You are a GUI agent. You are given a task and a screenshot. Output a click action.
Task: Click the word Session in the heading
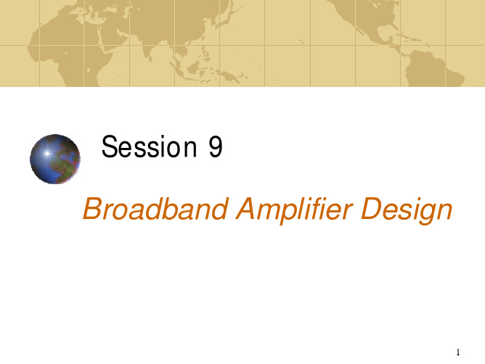[149, 146]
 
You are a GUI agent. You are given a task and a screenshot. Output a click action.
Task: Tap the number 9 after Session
[216, 146]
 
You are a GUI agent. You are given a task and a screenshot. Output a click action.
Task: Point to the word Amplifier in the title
[295, 210]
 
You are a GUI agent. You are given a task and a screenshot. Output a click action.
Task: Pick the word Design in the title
[407, 210]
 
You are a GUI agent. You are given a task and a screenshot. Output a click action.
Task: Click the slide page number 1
[458, 352]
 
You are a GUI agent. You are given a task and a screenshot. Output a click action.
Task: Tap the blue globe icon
[55, 159]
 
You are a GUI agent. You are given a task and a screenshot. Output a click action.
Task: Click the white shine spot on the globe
[46, 153]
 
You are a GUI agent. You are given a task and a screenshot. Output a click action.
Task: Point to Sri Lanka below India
[150, 58]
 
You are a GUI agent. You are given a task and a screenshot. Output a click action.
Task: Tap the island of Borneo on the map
[195, 67]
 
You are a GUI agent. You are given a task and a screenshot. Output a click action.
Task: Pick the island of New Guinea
[229, 75]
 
